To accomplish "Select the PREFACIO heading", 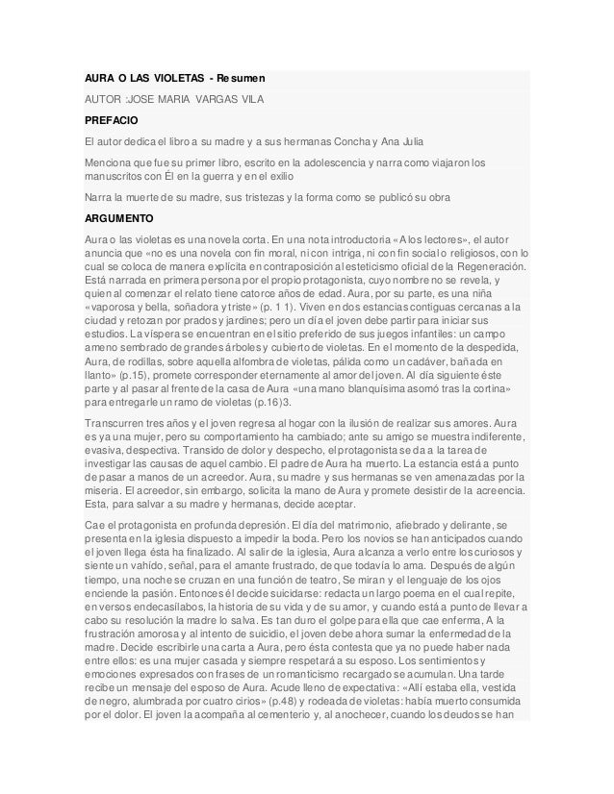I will (110, 120).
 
